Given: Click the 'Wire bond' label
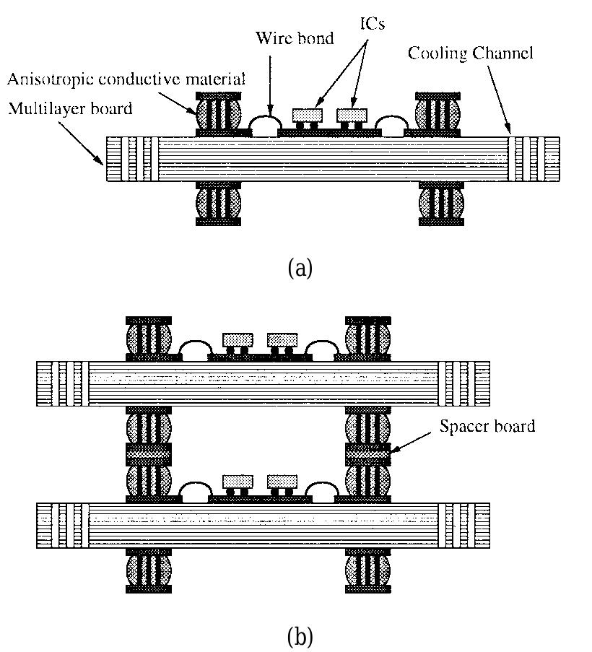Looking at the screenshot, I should [x=295, y=38].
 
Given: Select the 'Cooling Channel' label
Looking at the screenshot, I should [x=471, y=53].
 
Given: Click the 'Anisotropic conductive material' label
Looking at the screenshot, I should [x=127, y=79].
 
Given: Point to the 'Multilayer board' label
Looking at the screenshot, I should [x=70, y=109].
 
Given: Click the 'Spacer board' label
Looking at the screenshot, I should [x=487, y=426].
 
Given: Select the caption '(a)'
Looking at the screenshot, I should [x=300, y=268].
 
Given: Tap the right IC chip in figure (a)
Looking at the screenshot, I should [x=352, y=115].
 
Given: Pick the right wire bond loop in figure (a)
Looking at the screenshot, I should [x=390, y=126].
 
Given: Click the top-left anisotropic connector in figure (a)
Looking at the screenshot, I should [x=219, y=114].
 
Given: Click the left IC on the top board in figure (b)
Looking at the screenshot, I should [x=238, y=339].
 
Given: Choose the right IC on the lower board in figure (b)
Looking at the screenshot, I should [x=282, y=481].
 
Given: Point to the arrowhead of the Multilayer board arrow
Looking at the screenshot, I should [x=103, y=162].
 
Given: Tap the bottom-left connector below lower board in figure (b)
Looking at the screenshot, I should [x=149, y=570].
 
